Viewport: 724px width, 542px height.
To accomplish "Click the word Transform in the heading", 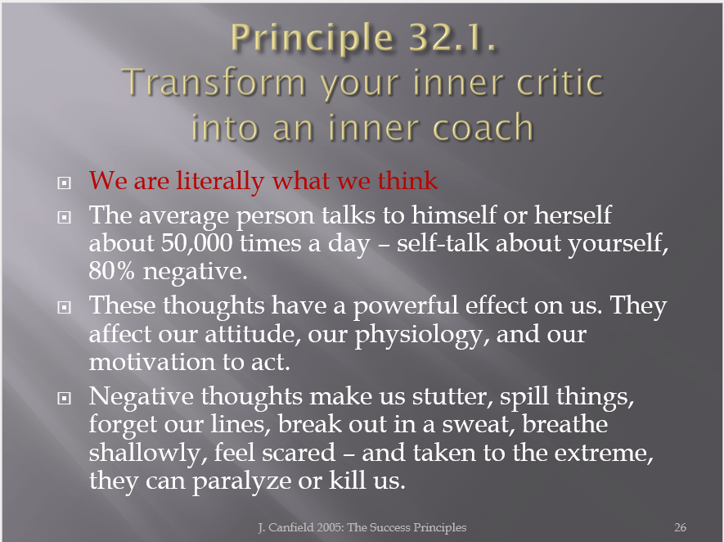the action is click(214, 82).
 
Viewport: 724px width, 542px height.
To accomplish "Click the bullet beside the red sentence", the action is click(64, 183).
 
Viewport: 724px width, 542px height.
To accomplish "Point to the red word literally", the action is click(220, 181).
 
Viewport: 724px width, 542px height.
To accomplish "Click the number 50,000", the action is click(196, 243).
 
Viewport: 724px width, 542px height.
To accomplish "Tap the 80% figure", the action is click(111, 271).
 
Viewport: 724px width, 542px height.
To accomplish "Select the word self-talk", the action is click(443, 242).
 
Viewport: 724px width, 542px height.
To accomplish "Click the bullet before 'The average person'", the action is click(64, 217).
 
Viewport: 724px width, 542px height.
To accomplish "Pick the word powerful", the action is click(406, 307).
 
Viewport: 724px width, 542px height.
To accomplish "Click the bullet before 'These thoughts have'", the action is click(64, 307).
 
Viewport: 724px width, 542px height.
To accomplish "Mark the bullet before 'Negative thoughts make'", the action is click(64, 398).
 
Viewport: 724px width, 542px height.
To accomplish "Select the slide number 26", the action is click(680, 527).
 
